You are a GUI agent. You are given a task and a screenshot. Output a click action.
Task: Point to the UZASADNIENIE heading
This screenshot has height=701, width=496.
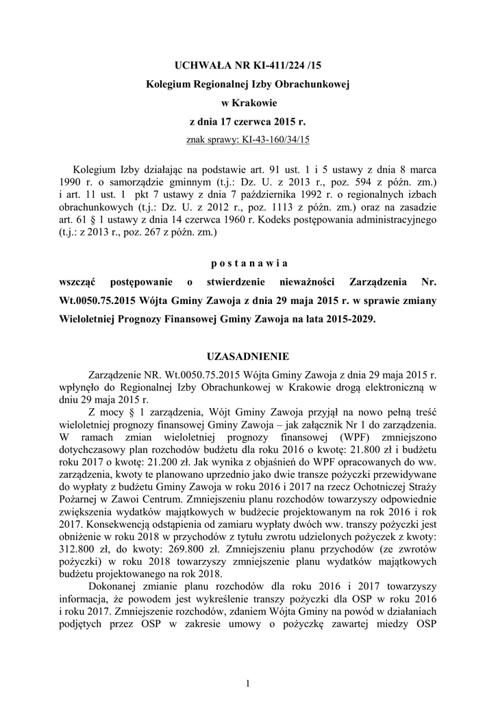pos(247,356)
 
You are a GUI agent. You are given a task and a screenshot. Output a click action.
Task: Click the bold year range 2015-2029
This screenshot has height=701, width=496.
pos(346,319)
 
